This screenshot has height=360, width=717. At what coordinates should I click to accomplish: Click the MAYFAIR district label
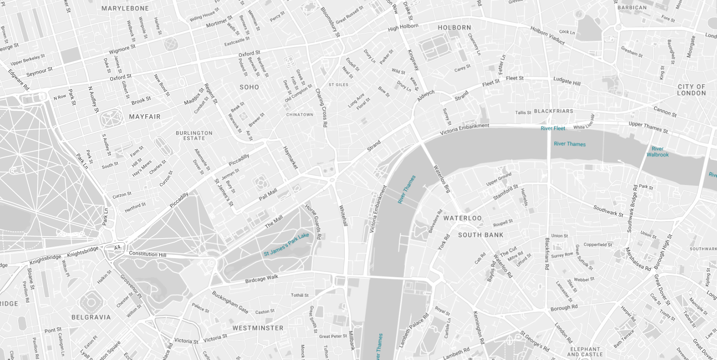(x=145, y=117)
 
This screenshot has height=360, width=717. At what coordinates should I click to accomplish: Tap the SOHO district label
(x=249, y=87)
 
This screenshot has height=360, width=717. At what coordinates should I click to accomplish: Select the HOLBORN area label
(x=454, y=28)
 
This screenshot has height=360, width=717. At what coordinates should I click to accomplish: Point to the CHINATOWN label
(x=300, y=115)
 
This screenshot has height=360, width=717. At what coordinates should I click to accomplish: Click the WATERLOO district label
(x=462, y=218)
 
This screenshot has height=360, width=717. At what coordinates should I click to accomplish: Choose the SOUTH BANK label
(x=481, y=235)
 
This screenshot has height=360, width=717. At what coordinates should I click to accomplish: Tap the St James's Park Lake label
(x=286, y=244)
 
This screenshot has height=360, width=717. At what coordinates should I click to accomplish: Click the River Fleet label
(x=553, y=128)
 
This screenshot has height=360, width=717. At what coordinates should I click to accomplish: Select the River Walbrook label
(x=657, y=151)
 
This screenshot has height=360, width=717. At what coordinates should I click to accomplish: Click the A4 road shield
(x=117, y=248)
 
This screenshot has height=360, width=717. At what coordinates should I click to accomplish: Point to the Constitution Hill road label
(x=147, y=254)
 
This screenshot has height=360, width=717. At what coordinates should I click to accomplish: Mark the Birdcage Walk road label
(x=262, y=279)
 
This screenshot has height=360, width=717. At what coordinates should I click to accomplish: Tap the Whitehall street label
(x=343, y=215)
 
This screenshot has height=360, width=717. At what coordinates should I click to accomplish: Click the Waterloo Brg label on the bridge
(x=442, y=179)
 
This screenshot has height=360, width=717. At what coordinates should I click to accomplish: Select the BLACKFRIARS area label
(x=553, y=111)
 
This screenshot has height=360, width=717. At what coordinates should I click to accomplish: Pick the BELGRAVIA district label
(x=91, y=317)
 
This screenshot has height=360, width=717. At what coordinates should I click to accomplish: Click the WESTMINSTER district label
(x=258, y=328)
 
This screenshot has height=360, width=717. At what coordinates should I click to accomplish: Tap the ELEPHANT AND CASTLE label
(x=585, y=352)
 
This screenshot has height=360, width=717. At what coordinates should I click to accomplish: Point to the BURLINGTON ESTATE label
(x=194, y=135)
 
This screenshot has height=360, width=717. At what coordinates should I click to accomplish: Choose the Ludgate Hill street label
(x=566, y=81)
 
